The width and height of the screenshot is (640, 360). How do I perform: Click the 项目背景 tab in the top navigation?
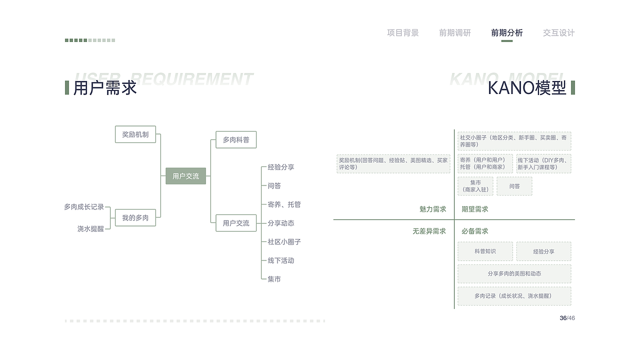pyautogui.click(x=402, y=33)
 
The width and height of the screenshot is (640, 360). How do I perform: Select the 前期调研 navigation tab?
pyautogui.click(x=454, y=33)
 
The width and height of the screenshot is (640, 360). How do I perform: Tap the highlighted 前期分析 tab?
pyautogui.click(x=506, y=33)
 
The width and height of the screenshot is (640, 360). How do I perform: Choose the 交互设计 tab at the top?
pyautogui.click(x=558, y=33)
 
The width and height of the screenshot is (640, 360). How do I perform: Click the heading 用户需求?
pyautogui.click(x=105, y=88)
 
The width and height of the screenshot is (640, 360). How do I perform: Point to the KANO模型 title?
pyautogui.click(x=526, y=88)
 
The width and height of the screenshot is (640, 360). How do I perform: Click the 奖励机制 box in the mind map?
pyautogui.click(x=135, y=134)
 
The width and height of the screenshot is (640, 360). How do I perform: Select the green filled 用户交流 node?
pyautogui.click(x=185, y=176)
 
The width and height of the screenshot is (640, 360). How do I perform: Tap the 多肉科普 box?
pyautogui.click(x=236, y=140)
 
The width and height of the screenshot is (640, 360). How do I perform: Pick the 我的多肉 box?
pyautogui.click(x=135, y=218)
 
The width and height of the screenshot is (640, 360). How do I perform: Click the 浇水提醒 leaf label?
pyautogui.click(x=90, y=228)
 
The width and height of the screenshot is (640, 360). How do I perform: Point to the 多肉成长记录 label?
pyautogui.click(x=84, y=206)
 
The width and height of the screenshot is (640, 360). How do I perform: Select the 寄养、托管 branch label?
pyautogui.click(x=284, y=204)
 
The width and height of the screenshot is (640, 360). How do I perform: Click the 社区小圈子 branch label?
pyautogui.click(x=284, y=241)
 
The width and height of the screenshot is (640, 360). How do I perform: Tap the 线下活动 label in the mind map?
pyautogui.click(x=280, y=260)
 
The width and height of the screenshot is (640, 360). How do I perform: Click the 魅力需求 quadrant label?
pyautogui.click(x=432, y=209)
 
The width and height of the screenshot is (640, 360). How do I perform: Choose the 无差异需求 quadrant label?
pyautogui.click(x=429, y=231)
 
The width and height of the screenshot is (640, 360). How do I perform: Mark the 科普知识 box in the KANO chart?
pyautogui.click(x=485, y=251)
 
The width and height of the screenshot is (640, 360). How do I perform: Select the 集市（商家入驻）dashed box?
pyautogui.click(x=475, y=186)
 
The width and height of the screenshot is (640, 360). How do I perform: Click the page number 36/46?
pyautogui.click(x=567, y=318)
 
